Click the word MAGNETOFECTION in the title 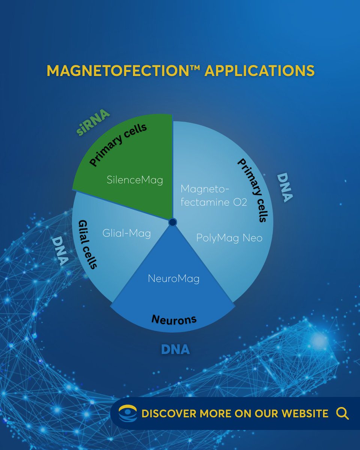click(x=118, y=70)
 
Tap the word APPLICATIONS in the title click(x=259, y=70)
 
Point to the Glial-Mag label click(x=126, y=234)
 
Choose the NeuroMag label click(x=174, y=279)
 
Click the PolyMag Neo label click(x=229, y=238)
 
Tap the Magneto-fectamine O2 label click(x=214, y=195)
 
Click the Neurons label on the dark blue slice click(x=174, y=319)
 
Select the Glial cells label click(x=88, y=244)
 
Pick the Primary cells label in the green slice click(x=118, y=145)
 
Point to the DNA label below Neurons click(x=175, y=349)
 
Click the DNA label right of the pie click(x=285, y=187)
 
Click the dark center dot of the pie click(x=172, y=222)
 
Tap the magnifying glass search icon click(x=342, y=414)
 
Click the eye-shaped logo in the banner click(x=127, y=414)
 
